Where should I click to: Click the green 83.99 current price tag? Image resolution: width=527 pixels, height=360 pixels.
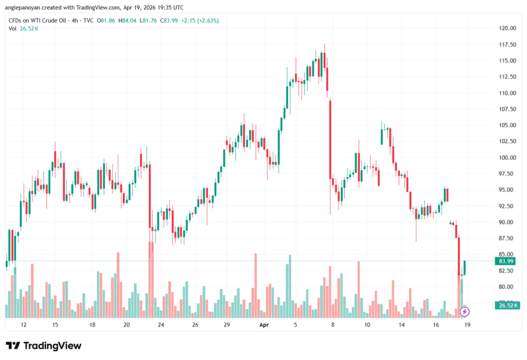coord(507,261)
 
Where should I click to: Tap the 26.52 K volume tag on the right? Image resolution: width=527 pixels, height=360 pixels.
coord(506,305)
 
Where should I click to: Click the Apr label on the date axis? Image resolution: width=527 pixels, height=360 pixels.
coord(264,325)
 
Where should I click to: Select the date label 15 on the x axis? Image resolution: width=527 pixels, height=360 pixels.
coord(55,325)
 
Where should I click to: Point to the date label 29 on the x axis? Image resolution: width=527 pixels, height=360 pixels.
coord(226,325)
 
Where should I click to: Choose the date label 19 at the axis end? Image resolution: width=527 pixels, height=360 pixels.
coord(467,325)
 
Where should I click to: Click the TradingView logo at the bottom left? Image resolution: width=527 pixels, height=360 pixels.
coord(43,346)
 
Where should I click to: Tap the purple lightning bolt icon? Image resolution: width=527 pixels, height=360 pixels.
coord(465,311)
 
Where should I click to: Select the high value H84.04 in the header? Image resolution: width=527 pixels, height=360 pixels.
coord(126,21)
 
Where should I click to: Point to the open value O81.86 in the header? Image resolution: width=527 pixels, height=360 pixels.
coord(107,21)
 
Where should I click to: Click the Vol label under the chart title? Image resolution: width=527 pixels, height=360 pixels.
coord(12,28)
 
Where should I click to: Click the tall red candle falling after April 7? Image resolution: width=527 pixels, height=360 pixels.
coord(330,139)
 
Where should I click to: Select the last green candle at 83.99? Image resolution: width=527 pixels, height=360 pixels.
coord(465,267)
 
